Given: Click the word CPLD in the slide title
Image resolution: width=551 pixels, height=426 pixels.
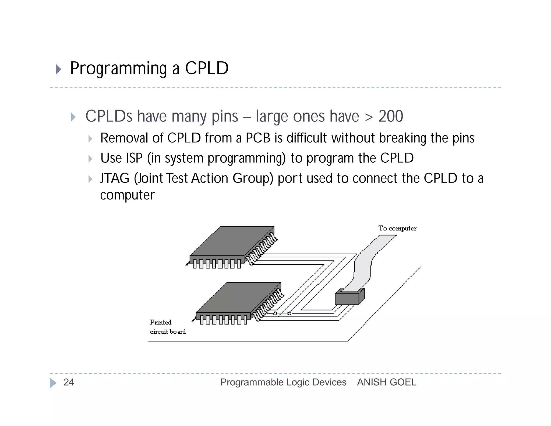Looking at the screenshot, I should pyautogui.click(x=207, y=68).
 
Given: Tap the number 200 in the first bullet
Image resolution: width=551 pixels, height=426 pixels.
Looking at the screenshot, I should pyautogui.click(x=391, y=116).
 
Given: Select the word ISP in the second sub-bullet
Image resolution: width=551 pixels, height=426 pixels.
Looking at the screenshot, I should pyautogui.click(x=132, y=158).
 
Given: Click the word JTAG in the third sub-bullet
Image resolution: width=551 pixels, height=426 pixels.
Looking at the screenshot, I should pyautogui.click(x=115, y=178).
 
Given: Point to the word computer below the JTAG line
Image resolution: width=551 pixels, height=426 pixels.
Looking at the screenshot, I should pyautogui.click(x=128, y=195).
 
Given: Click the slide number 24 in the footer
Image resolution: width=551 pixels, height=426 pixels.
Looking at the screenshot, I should pyautogui.click(x=69, y=382).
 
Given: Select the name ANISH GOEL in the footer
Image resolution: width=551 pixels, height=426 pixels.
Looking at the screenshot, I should pyautogui.click(x=387, y=382).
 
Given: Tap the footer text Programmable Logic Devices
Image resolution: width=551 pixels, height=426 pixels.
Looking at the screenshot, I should pyautogui.click(x=283, y=382).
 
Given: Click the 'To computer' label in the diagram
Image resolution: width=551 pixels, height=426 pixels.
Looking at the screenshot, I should pyautogui.click(x=397, y=228).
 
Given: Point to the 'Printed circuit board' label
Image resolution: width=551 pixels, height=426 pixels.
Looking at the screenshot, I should pyautogui.click(x=167, y=327).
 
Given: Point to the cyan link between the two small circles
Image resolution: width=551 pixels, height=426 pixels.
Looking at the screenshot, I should pyautogui.click(x=282, y=314).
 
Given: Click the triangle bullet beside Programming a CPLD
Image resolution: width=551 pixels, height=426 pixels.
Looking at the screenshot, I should pyautogui.click(x=58, y=69).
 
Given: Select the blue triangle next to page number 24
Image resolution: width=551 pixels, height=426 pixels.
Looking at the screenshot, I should pyautogui.click(x=53, y=383).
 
